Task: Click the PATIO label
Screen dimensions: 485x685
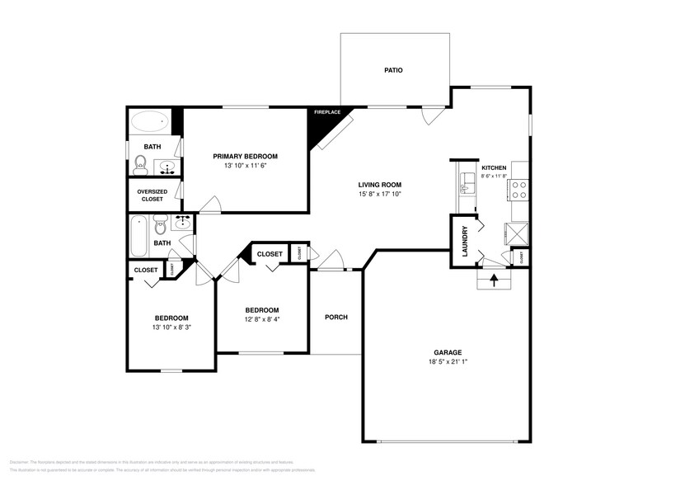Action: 393,71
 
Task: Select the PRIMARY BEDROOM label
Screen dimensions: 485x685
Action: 245,156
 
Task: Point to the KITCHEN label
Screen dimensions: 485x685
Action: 494,167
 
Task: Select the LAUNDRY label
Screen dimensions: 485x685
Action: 465,241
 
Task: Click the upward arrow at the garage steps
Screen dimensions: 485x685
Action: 495,280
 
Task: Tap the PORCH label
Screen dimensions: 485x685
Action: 335,317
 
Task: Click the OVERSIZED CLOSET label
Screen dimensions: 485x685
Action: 152,195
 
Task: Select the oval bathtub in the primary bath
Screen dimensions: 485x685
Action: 148,124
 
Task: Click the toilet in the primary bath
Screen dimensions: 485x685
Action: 141,167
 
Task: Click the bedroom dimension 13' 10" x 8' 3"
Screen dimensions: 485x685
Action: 171,327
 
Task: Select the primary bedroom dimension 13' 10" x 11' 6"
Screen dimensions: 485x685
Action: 245,166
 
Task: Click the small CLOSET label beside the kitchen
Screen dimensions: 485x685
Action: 522,257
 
